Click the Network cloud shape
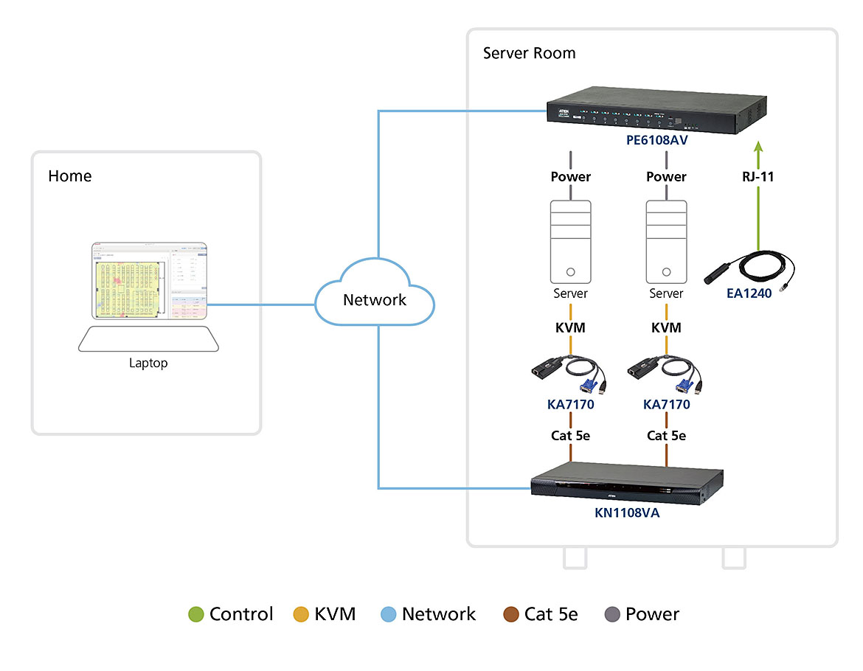pyautogui.click(x=375, y=298)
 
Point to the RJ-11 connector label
pyautogui.click(x=758, y=177)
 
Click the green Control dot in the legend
pyautogui.click(x=195, y=614)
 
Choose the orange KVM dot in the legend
pyautogui.click(x=301, y=614)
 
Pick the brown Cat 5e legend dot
pyautogui.click(x=510, y=614)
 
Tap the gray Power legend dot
pyautogui.click(x=611, y=614)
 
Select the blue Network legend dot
pyautogui.click(x=388, y=614)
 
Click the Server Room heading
pyautogui.click(x=529, y=53)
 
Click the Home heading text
pyautogui.click(x=70, y=176)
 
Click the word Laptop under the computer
pyautogui.click(x=148, y=363)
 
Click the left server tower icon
pyautogui.click(x=571, y=241)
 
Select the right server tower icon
pyautogui.click(x=666, y=241)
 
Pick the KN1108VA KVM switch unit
pyautogui.click(x=627, y=483)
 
